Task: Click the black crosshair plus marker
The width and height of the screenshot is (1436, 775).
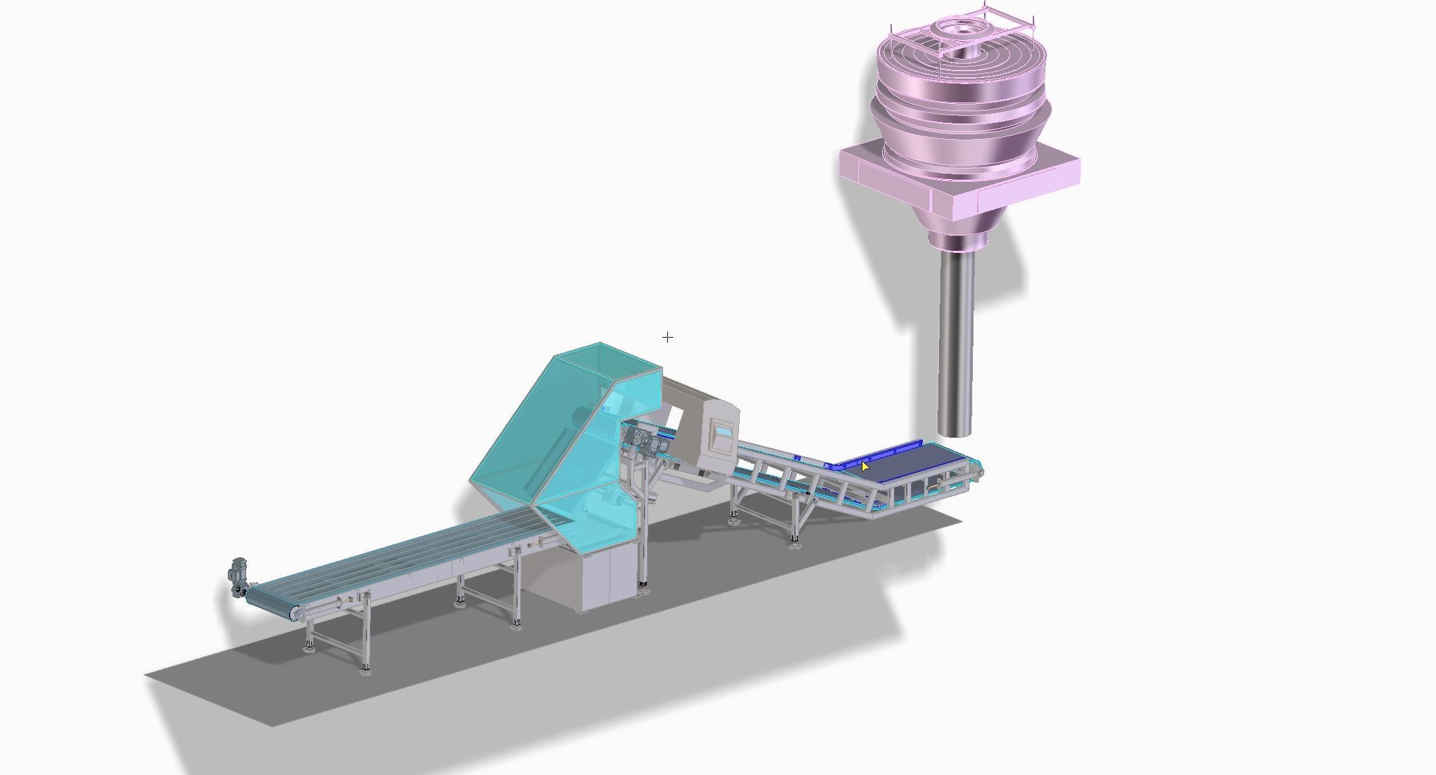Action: click(x=668, y=337)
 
